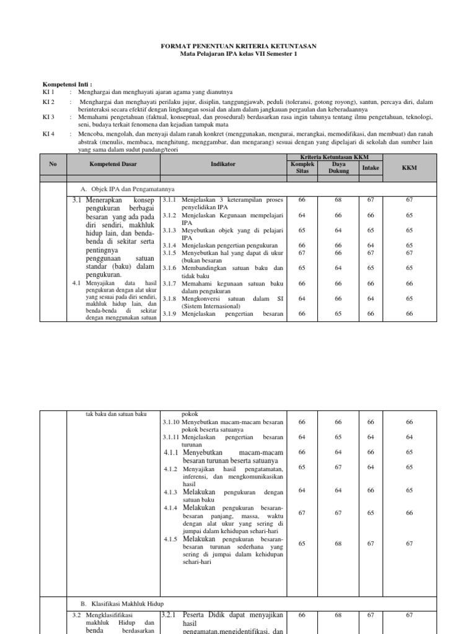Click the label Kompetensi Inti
click(67, 84)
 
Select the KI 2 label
click(48, 102)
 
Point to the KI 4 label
click(48, 133)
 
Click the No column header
click(53, 165)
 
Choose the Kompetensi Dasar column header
click(113, 165)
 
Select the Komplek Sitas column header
click(302, 168)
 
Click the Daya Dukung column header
click(338, 168)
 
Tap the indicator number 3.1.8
click(171, 298)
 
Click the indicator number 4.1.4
click(172, 508)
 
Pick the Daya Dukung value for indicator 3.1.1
click(338, 200)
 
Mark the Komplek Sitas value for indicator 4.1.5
click(302, 543)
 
